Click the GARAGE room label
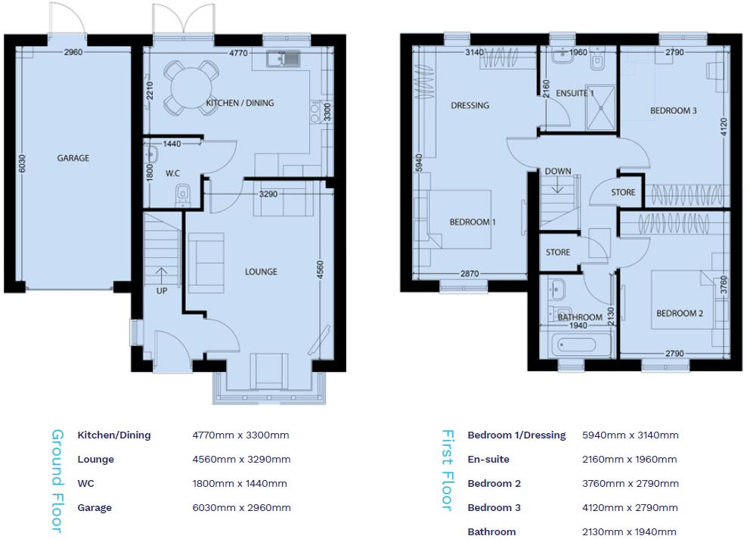coord(73,158)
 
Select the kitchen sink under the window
coord(284,58)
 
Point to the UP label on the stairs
coord(161,290)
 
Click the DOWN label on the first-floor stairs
coord(558,172)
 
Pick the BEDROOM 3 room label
coord(673,110)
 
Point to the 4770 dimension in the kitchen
coord(238,53)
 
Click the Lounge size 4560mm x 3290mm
coord(241,459)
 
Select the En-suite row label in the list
coord(488,459)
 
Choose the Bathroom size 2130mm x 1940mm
coord(630,531)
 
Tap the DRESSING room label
coord(470,105)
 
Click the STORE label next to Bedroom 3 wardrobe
coord(623,193)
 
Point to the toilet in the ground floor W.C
coord(181,196)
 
